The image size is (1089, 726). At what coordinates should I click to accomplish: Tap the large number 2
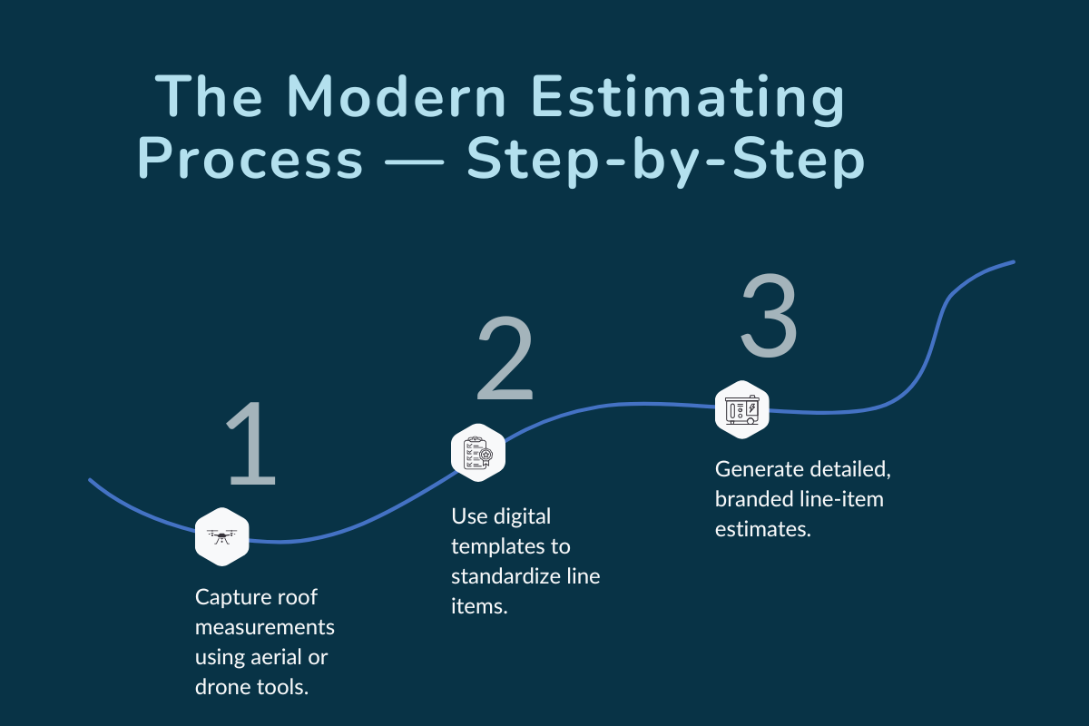tap(505, 360)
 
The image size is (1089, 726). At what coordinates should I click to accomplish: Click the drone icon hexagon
tap(222, 535)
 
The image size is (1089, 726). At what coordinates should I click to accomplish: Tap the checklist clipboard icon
tap(477, 451)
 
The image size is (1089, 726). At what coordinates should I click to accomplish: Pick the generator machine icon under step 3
tap(741, 409)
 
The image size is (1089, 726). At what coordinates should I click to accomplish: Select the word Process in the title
tap(250, 161)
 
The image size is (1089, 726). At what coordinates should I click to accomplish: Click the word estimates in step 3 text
tap(762, 529)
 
